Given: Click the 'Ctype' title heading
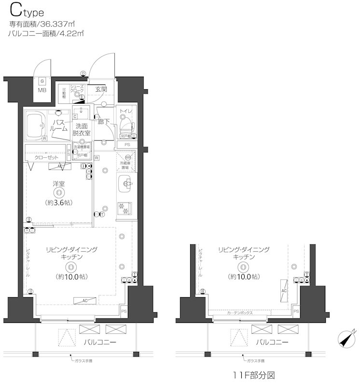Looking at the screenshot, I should coord(25,11).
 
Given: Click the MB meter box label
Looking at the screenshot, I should coord(42,90).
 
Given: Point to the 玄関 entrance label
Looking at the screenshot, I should coord(100,89).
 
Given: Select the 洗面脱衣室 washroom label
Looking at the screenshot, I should coord(82,129).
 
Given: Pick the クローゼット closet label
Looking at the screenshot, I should coord(46,157).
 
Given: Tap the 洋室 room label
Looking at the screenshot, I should coord(58,183).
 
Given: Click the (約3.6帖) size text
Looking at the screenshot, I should coord(59,203).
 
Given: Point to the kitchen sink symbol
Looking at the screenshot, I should coord(126,184).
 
